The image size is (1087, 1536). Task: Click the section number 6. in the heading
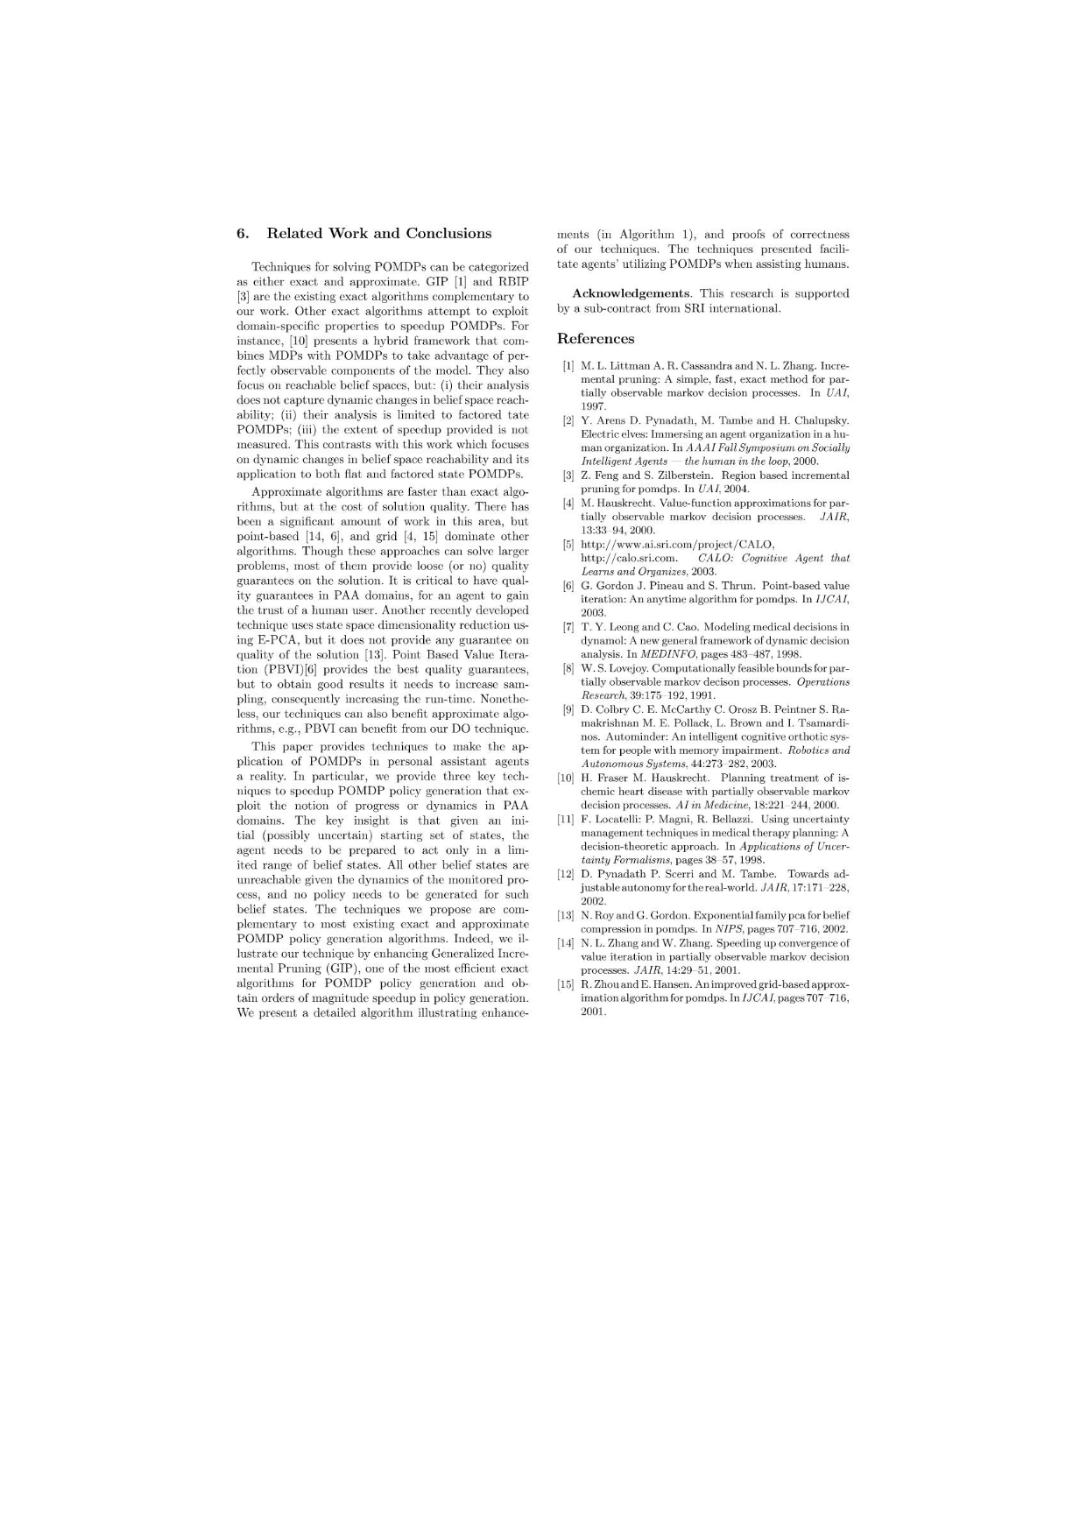click(244, 233)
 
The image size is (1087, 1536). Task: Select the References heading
click(596, 339)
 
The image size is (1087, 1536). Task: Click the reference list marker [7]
click(568, 627)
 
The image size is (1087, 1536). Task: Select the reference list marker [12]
click(567, 874)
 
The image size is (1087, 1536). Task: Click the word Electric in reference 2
click(600, 435)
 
